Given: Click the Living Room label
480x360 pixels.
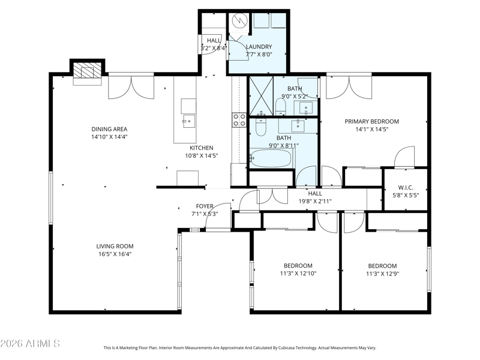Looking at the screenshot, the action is (x=115, y=246).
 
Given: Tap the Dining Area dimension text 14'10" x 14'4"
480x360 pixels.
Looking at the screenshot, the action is (x=109, y=137).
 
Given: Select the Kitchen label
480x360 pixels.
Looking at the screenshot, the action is (x=202, y=148).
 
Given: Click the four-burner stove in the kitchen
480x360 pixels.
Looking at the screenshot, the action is (x=239, y=120).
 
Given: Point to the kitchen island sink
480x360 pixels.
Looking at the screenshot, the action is (x=189, y=122).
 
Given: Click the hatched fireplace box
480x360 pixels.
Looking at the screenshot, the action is (x=87, y=70).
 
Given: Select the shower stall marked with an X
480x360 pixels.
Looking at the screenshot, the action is (x=261, y=96).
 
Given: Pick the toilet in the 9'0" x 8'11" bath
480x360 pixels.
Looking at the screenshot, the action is (x=261, y=127).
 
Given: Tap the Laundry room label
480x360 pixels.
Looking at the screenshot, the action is (x=259, y=47).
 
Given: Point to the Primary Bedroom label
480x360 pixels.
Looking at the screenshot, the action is (x=372, y=122).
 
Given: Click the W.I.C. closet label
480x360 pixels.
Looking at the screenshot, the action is (x=406, y=188).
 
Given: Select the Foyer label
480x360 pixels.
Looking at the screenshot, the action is (x=205, y=206).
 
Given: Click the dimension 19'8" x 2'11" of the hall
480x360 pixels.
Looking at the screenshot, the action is (x=315, y=202).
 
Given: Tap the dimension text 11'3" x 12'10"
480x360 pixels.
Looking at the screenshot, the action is (x=298, y=274).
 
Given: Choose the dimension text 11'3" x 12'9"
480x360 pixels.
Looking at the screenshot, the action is (x=383, y=274).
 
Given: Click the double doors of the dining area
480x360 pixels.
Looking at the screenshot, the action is (x=131, y=87).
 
